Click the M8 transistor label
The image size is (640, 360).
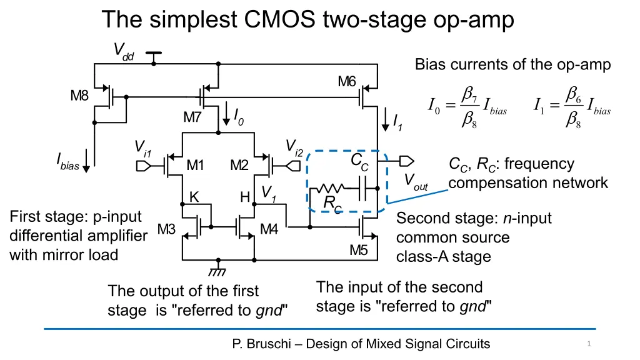pos(79,96)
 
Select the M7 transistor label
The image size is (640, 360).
pos(192,117)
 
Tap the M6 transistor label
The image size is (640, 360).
pos(347,81)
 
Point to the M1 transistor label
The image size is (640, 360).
pos(196,166)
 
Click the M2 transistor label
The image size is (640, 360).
pos(239,166)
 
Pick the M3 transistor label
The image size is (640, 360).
pos(166,229)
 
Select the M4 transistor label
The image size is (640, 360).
pos(269,229)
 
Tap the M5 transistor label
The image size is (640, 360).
pos(359,250)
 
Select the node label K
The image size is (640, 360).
pos(194,197)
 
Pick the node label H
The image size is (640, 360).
pos(246,197)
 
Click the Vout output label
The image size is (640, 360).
pos(415,182)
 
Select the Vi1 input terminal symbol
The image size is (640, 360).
pos(142,166)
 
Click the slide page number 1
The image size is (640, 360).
pos(589,344)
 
